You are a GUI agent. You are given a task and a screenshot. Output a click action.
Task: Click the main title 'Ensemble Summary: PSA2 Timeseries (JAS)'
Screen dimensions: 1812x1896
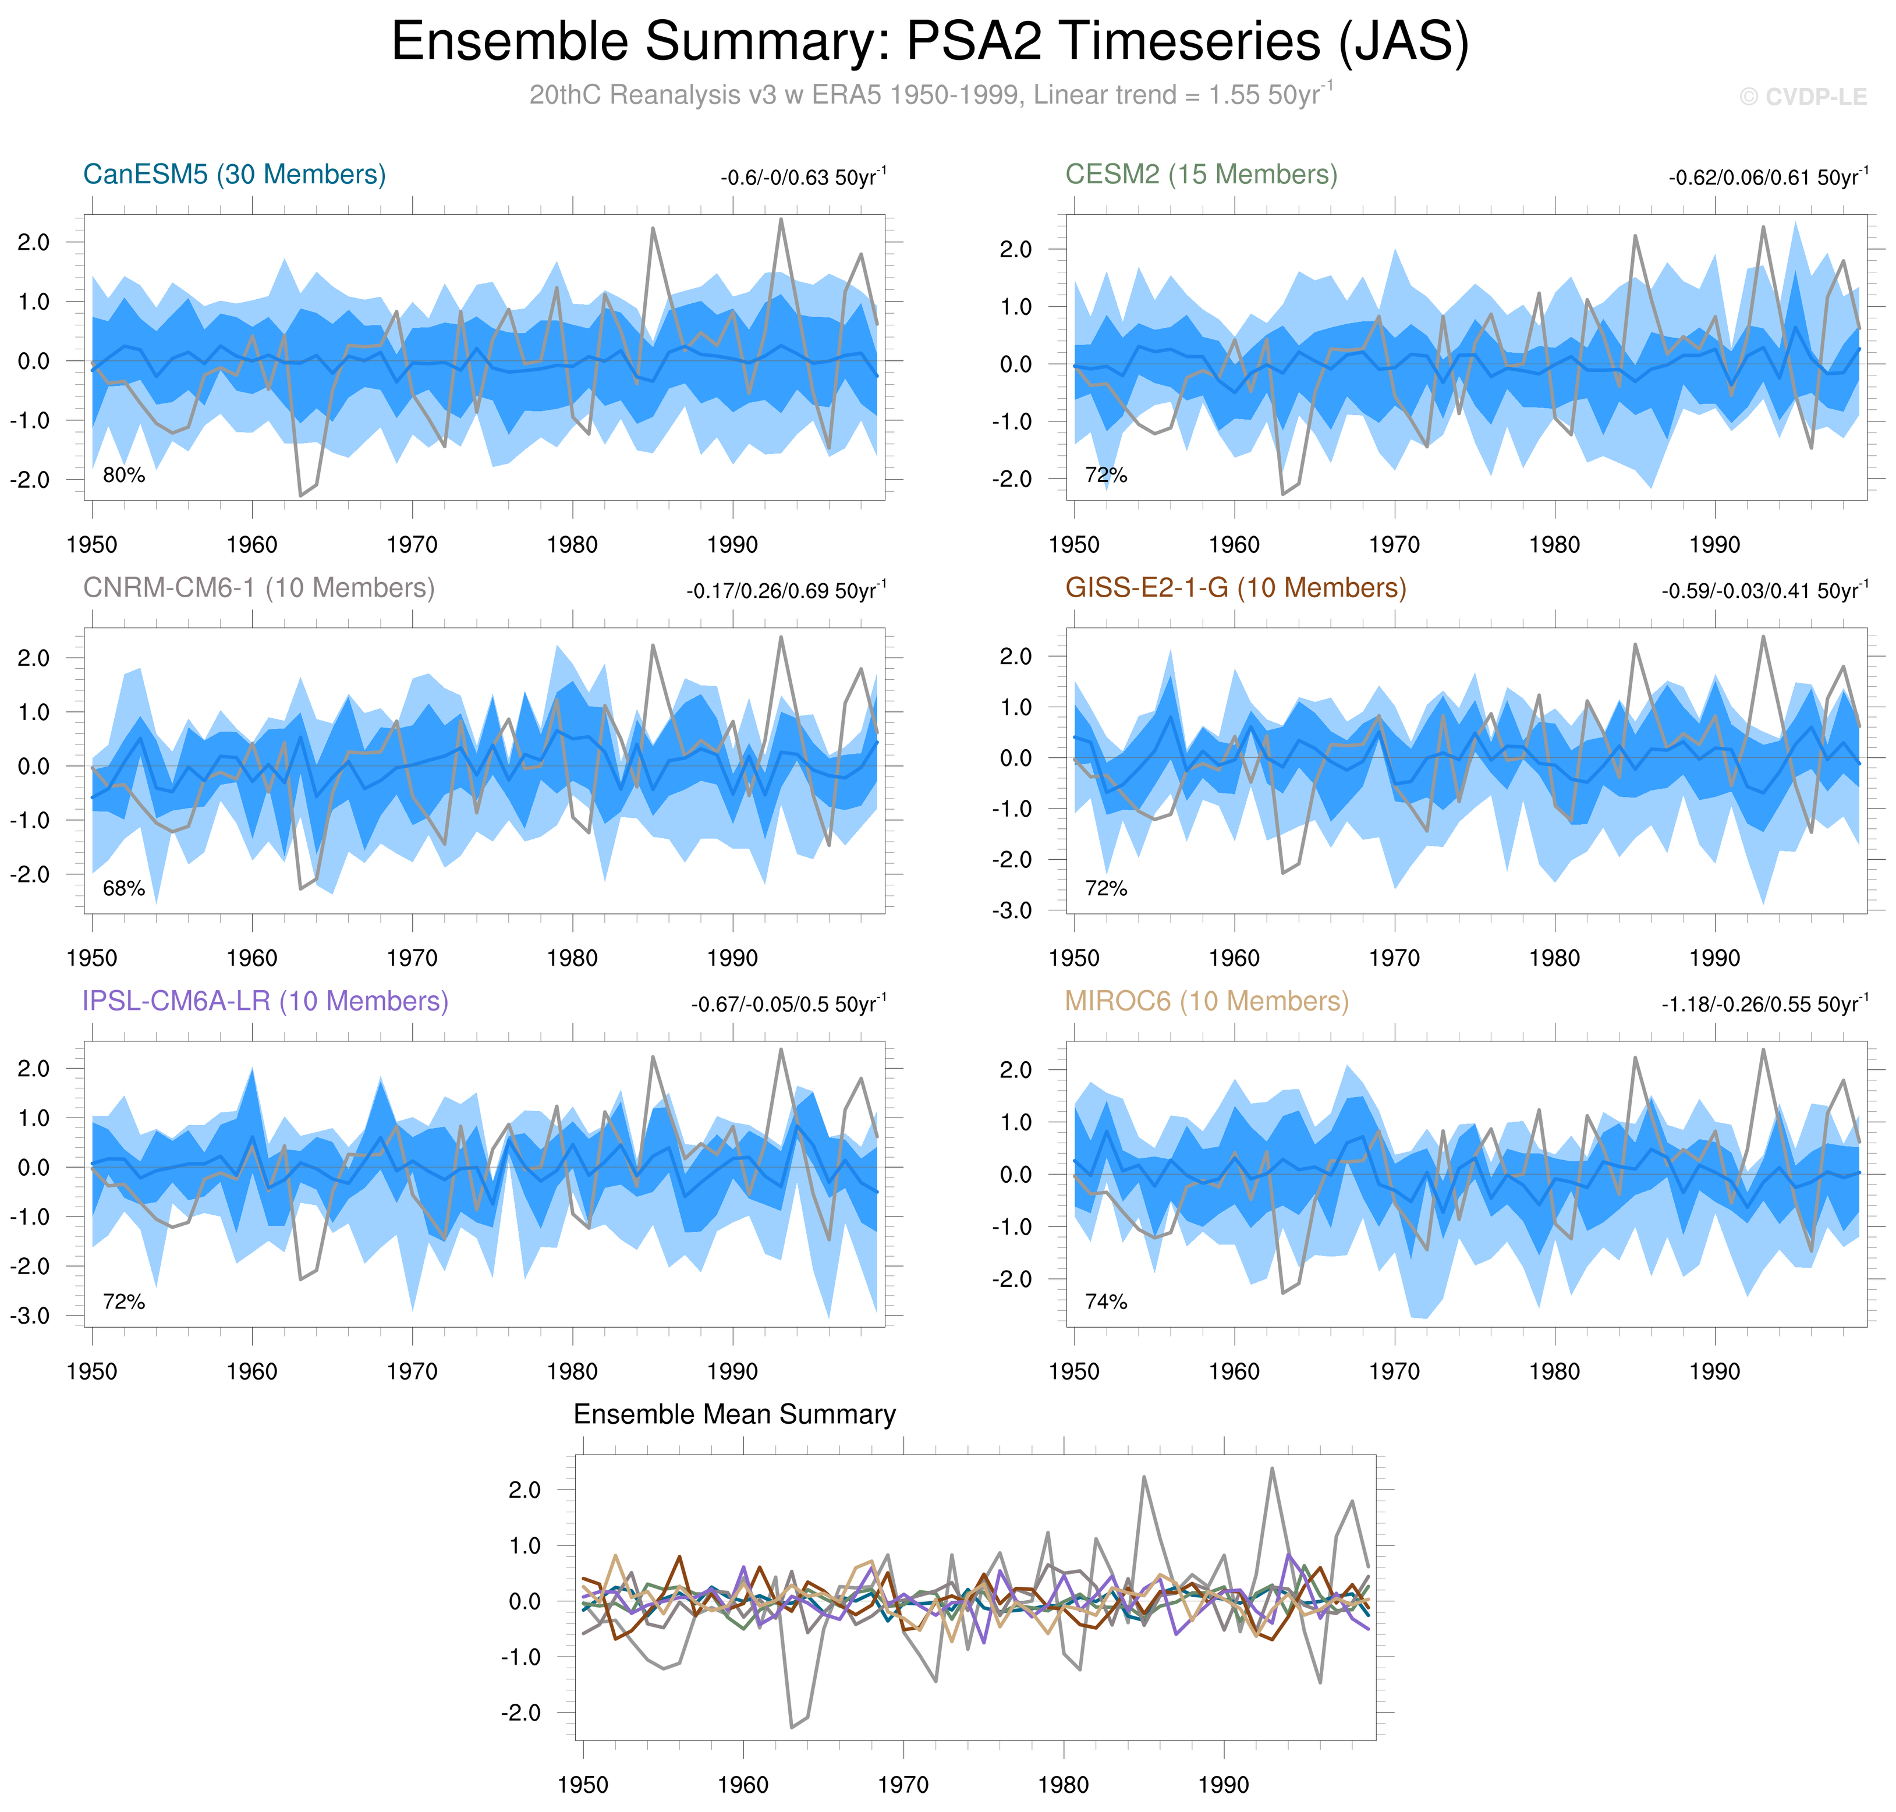pyautogui.click(x=929, y=42)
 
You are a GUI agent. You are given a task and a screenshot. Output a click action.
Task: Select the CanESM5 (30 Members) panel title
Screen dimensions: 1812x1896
pyautogui.click(x=235, y=175)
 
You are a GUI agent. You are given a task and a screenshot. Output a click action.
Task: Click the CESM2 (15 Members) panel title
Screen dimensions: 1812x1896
pyautogui.click(x=1200, y=175)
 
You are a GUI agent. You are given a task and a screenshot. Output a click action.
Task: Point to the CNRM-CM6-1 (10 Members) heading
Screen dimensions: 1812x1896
pyautogui.click(x=259, y=588)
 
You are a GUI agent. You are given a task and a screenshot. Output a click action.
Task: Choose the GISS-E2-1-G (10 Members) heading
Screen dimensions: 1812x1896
pyautogui.click(x=1235, y=588)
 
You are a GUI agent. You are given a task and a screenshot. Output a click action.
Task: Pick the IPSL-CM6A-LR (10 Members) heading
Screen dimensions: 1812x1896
pyautogui.click(x=265, y=1002)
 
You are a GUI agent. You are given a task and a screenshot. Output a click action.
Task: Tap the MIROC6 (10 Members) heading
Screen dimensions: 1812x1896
pyautogui.click(x=1206, y=1002)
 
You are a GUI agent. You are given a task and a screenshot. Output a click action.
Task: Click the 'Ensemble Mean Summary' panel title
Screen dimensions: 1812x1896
pyautogui.click(x=734, y=1415)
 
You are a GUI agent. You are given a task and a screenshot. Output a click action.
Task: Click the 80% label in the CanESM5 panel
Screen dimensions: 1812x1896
pyautogui.click(x=123, y=475)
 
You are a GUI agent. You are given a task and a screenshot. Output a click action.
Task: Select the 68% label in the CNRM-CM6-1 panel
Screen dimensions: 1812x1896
pyautogui.click(x=123, y=889)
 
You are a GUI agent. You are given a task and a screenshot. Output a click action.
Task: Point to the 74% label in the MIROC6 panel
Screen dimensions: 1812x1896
pyautogui.click(x=1106, y=1302)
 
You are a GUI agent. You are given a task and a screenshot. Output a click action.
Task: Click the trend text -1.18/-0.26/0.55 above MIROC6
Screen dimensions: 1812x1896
pyautogui.click(x=1764, y=1005)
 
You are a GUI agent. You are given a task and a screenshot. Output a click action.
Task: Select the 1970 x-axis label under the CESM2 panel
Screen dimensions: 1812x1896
pyautogui.click(x=1394, y=546)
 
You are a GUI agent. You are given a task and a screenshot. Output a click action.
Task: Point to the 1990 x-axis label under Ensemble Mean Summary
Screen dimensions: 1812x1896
pyautogui.click(x=1224, y=1786)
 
